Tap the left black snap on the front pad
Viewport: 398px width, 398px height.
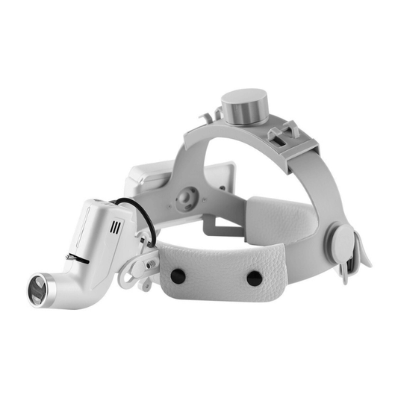point(177,276)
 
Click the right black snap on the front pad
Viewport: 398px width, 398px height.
point(254,278)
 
